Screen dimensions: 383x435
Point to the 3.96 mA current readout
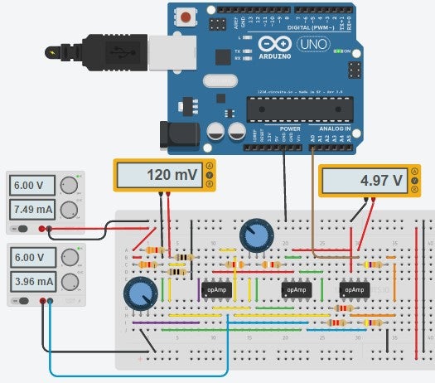32,281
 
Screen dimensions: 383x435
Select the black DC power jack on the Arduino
175,134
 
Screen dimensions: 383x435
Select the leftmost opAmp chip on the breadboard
214,290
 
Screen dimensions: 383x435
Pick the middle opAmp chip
296,290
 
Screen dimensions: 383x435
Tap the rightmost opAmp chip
354,290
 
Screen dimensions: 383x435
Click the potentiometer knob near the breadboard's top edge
255,236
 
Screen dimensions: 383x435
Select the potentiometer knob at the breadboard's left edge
139,293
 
